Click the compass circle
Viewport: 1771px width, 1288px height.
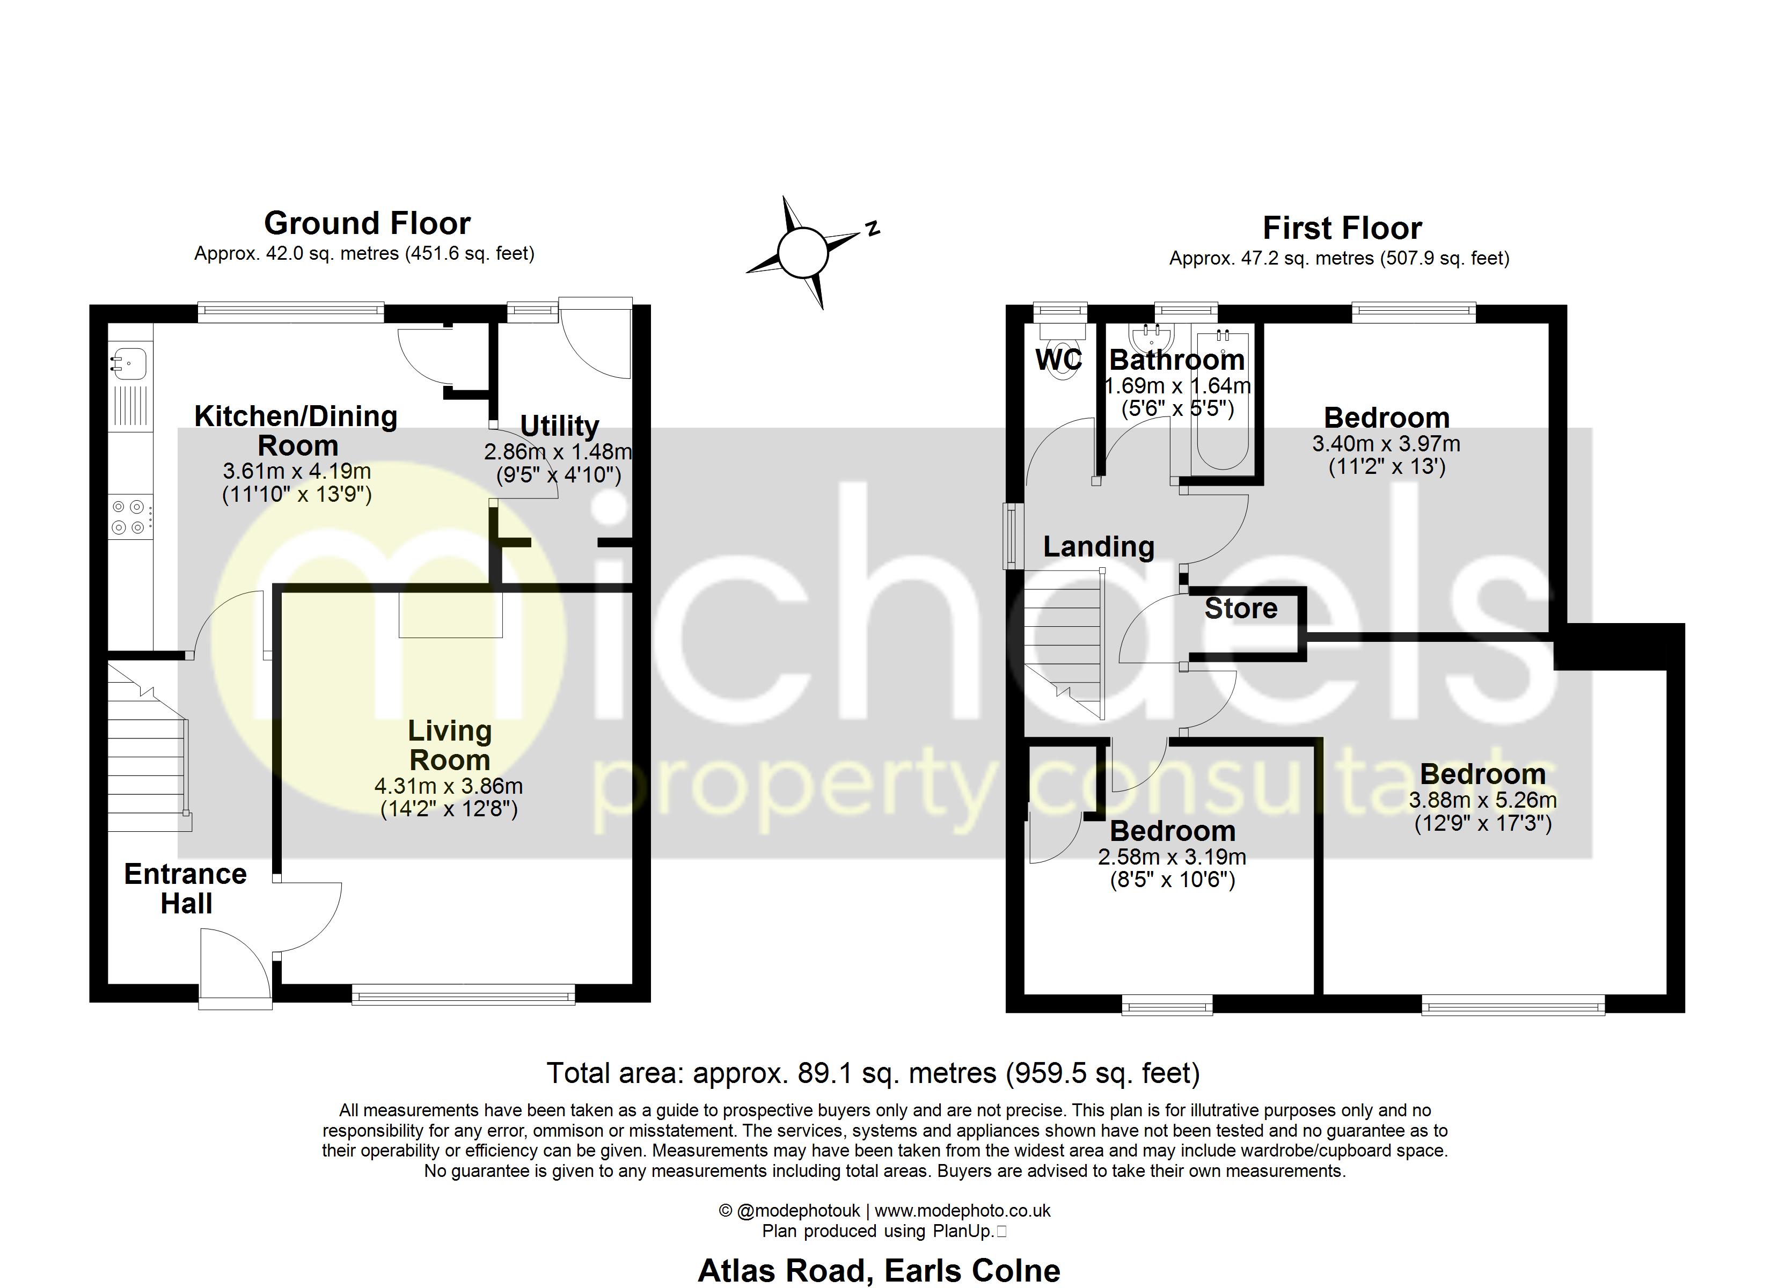pyautogui.click(x=803, y=253)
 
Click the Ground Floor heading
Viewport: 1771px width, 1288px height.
pyautogui.click(x=367, y=223)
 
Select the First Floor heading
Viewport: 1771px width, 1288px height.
pyautogui.click(x=1342, y=228)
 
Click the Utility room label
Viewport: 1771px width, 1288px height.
pyautogui.click(x=559, y=426)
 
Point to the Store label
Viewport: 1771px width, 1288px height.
pyautogui.click(x=1241, y=609)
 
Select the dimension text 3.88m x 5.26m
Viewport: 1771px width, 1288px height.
pyautogui.click(x=1483, y=800)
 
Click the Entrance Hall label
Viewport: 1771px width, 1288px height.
pyautogui.click(x=186, y=889)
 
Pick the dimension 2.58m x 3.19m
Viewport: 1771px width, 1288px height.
pyautogui.click(x=1172, y=857)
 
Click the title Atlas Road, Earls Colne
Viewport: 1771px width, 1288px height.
pyautogui.click(x=879, y=1271)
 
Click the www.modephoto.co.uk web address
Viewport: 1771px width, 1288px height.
pyautogui.click(x=962, y=1211)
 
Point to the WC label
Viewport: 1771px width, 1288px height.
pyautogui.click(x=1059, y=360)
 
